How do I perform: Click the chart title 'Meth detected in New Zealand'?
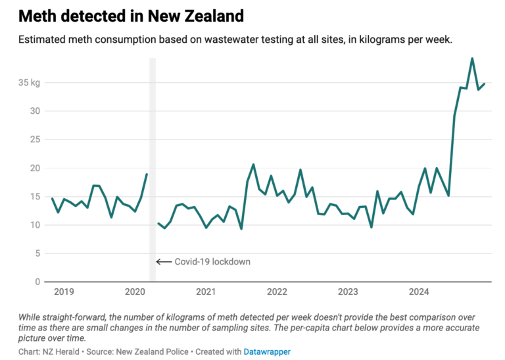122,15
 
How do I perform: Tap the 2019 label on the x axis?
64,292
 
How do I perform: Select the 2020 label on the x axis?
135,292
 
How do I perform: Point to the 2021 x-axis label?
206,292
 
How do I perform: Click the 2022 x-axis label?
277,292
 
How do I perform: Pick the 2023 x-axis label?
348,292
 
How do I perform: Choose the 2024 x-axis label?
419,292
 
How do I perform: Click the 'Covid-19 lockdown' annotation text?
212,261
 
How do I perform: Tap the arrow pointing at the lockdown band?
163,261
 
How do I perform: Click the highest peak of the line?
472,59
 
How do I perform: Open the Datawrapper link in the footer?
268,352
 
